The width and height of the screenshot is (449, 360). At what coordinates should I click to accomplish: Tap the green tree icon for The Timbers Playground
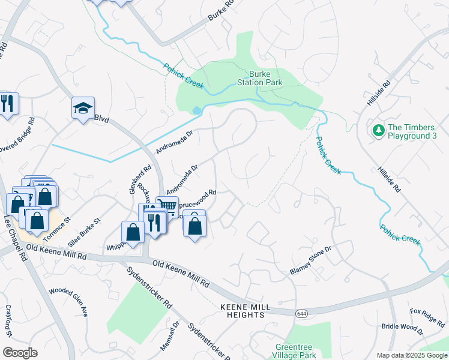(x=378, y=130)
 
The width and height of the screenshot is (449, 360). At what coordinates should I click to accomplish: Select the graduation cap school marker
(x=83, y=108)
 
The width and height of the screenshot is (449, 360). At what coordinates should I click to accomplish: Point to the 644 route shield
(x=302, y=313)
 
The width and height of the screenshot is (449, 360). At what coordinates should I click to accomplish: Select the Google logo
(x=20, y=353)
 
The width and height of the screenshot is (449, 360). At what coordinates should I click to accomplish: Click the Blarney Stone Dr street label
(x=310, y=260)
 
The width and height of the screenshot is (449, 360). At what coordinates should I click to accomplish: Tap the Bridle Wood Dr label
(x=402, y=328)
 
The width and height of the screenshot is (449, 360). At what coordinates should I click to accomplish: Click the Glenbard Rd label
(x=134, y=179)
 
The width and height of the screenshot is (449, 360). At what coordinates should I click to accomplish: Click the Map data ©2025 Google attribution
(x=411, y=355)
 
